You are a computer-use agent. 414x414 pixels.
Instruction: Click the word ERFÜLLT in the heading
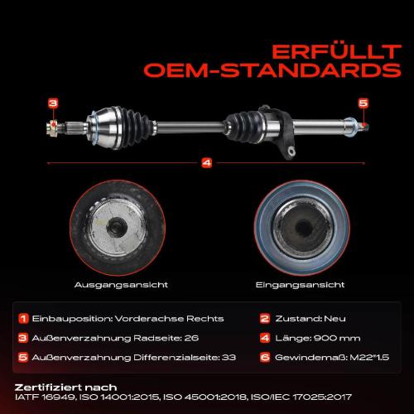click(x=336, y=52)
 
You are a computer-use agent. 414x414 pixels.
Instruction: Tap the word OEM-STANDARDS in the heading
click(x=272, y=70)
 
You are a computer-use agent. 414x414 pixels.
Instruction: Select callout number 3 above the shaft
click(x=53, y=103)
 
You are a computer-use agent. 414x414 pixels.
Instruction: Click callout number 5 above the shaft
click(x=363, y=103)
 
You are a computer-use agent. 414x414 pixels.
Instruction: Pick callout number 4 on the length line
click(x=207, y=163)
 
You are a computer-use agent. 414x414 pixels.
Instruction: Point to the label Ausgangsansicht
click(x=121, y=285)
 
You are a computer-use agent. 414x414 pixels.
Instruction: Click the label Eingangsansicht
click(x=300, y=285)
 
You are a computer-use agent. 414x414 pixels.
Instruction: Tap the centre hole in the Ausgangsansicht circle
click(x=117, y=227)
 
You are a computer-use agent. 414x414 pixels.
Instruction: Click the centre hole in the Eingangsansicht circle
click(x=304, y=228)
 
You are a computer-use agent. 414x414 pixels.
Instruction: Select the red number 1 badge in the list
click(x=23, y=319)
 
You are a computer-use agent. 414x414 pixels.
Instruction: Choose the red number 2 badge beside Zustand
click(x=265, y=319)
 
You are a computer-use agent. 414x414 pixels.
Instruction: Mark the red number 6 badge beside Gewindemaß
click(x=265, y=358)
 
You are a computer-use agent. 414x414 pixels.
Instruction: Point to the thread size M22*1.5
click(x=369, y=358)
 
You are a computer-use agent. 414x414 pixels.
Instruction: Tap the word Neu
click(x=335, y=319)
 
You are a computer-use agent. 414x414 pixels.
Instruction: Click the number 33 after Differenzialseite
click(x=229, y=358)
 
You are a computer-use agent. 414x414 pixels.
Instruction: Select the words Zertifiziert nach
click(x=65, y=388)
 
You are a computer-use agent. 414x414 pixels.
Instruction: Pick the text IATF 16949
click(x=45, y=397)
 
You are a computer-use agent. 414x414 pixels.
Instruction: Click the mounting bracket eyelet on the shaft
click(x=291, y=151)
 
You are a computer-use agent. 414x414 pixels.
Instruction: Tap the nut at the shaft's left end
click(x=52, y=128)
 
